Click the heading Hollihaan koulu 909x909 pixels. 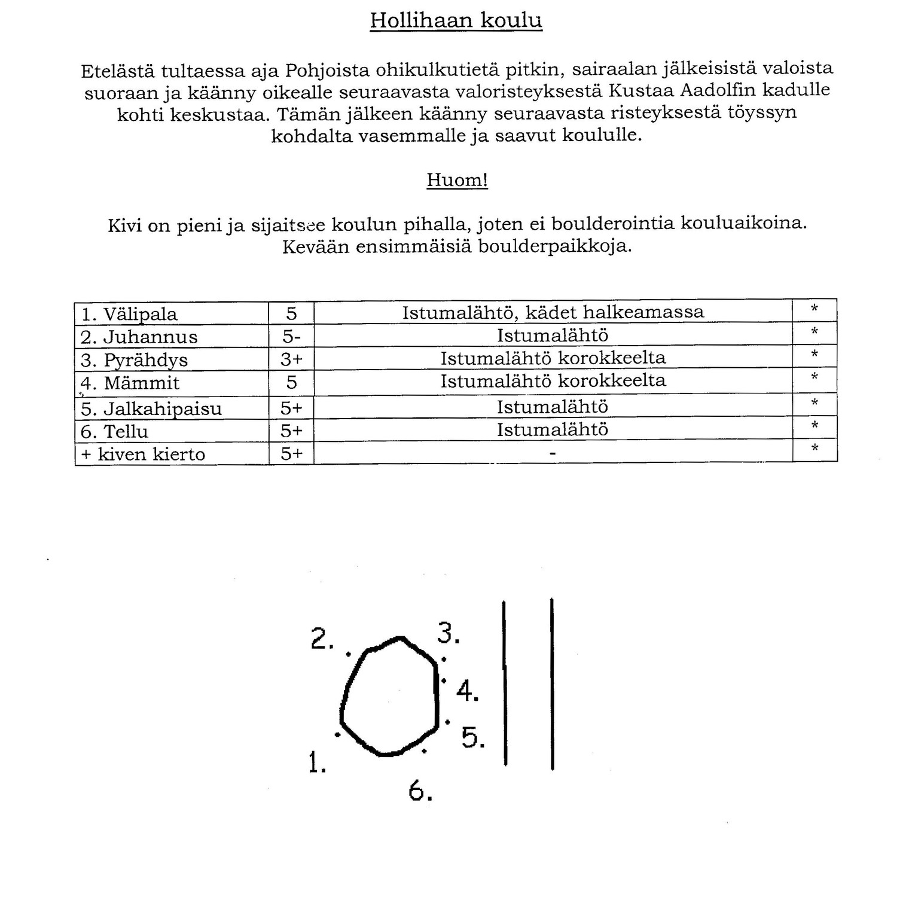click(456, 20)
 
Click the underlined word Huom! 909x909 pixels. click(457, 179)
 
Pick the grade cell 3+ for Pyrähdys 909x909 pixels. click(291, 359)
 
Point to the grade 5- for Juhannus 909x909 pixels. click(291, 337)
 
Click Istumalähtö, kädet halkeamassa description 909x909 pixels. click(553, 312)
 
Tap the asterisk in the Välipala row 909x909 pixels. click(814, 310)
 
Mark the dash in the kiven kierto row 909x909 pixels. click(553, 454)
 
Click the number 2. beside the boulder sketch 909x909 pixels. click(322, 640)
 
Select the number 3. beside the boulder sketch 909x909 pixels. click(448, 633)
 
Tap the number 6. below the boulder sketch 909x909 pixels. click(420, 791)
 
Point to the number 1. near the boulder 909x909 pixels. click(317, 762)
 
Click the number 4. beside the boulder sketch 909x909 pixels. click(467, 691)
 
